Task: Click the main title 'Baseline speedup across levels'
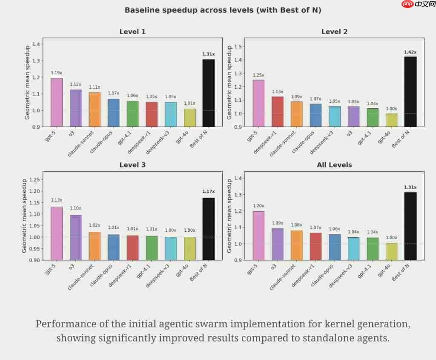(223, 10)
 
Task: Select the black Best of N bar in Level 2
(410, 92)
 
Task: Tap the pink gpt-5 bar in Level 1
(57, 102)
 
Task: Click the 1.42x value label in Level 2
(410, 52)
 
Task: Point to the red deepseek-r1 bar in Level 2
(277, 111)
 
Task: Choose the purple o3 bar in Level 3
(75, 237)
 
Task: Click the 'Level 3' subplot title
(132, 164)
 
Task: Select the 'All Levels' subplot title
(334, 164)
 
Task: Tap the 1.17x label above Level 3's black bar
(208, 192)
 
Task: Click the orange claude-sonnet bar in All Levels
(296, 245)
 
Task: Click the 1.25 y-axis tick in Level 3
(35, 179)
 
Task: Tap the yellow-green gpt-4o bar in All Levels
(391, 251)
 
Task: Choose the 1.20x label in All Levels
(258, 206)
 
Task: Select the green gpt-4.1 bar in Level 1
(132, 114)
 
